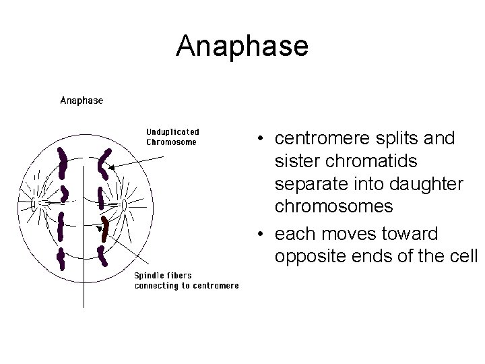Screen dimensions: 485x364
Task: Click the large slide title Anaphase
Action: (x=242, y=46)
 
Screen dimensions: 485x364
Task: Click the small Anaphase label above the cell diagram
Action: (x=82, y=100)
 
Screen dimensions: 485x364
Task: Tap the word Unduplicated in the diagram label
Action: (x=172, y=132)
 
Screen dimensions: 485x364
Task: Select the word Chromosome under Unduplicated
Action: (x=172, y=142)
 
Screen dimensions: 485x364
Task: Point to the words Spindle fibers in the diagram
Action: (x=163, y=275)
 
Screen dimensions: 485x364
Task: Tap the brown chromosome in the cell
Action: (x=104, y=229)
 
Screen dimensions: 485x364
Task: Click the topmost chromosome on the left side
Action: (x=63, y=162)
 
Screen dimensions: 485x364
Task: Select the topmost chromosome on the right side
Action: (x=104, y=162)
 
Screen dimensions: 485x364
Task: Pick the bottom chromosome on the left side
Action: (x=61, y=259)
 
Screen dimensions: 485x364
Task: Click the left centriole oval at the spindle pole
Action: (x=34, y=204)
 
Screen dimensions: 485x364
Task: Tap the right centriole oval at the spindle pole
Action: (x=125, y=204)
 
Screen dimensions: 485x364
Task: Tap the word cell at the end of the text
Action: (x=465, y=257)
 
